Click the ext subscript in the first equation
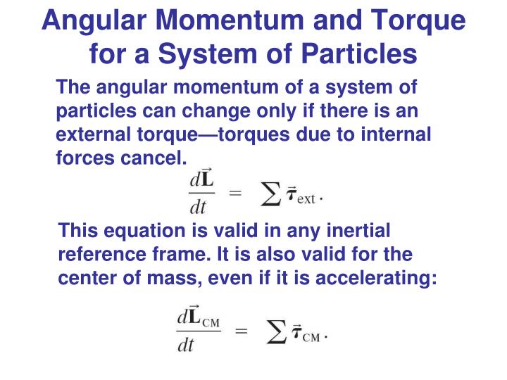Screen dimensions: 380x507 [x=306, y=199]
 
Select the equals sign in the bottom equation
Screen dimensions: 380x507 [x=241, y=330]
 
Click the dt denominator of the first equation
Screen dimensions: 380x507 [x=200, y=209]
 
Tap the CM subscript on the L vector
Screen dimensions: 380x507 [x=211, y=323]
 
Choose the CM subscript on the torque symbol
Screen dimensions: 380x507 [x=311, y=337]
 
